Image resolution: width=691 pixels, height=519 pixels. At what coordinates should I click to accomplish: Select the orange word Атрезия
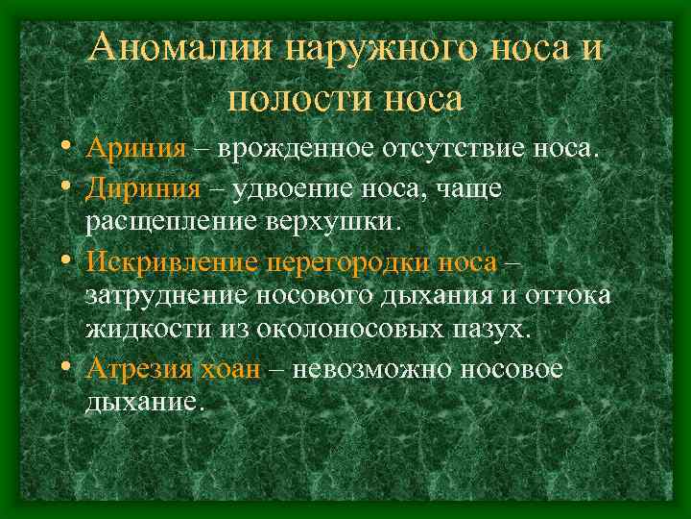139,368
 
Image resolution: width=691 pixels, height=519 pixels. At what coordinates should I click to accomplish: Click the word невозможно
369,368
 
